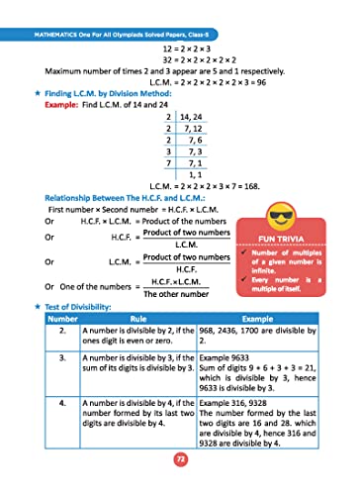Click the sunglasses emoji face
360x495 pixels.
pos(288,221)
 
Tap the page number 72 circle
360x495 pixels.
pos(180,458)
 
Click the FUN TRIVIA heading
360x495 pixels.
pos(288,239)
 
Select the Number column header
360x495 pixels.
pos(62,320)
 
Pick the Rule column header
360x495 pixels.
pos(138,320)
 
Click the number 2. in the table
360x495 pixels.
pos(62,331)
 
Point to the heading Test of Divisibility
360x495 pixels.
pos(83,308)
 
